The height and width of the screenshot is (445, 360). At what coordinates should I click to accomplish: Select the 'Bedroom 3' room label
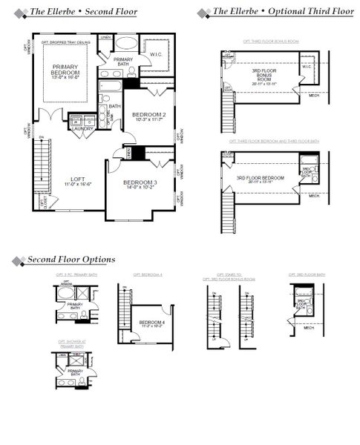(x=138, y=182)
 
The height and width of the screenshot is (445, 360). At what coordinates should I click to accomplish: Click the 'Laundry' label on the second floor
(x=82, y=128)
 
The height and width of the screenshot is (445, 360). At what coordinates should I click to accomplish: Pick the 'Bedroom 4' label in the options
(x=151, y=322)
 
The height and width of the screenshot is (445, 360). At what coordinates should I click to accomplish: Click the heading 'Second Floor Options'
(x=71, y=260)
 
